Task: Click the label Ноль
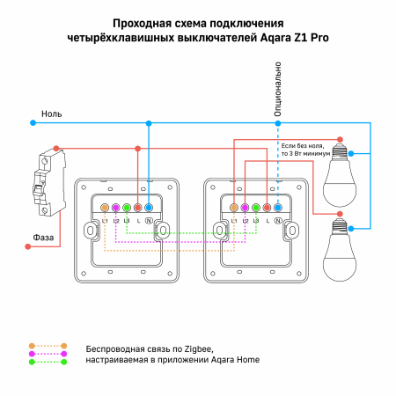(51, 114)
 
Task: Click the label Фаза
(47, 236)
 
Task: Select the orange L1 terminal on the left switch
(105, 208)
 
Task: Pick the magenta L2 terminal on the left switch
(116, 208)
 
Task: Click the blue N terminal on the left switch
(149, 208)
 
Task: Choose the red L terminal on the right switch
(267, 208)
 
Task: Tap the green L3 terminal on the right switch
(256, 208)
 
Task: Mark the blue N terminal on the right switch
(278, 208)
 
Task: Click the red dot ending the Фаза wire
(28, 247)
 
